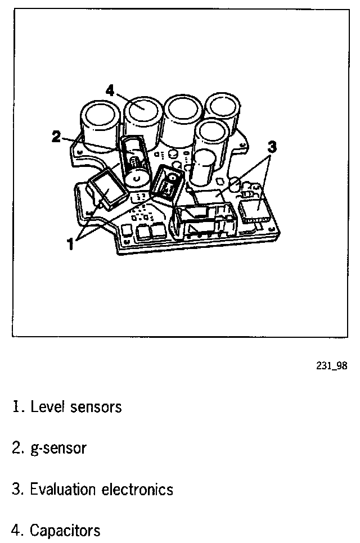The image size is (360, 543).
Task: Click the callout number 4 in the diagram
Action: click(110, 90)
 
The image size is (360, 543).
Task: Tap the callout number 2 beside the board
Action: click(56, 136)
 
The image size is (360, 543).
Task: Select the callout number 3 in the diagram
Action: click(272, 147)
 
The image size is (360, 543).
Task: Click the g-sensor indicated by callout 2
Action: click(134, 163)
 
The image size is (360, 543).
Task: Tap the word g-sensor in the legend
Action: click(57, 449)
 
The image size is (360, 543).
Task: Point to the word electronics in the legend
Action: click(137, 490)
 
